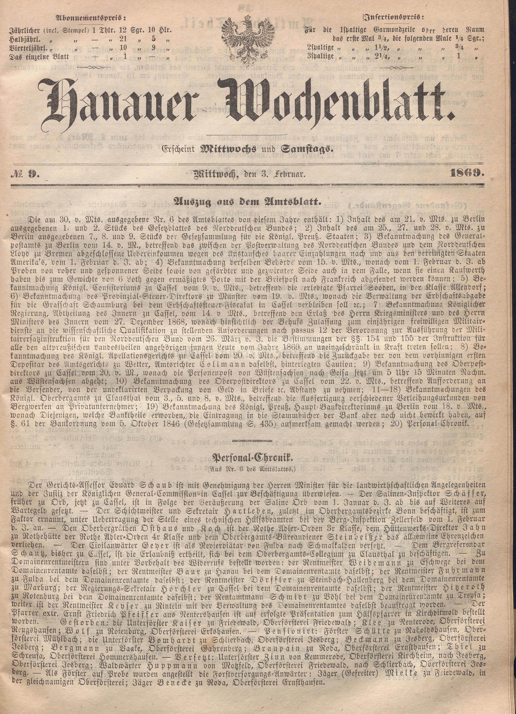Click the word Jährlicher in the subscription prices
[x=25, y=31]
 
